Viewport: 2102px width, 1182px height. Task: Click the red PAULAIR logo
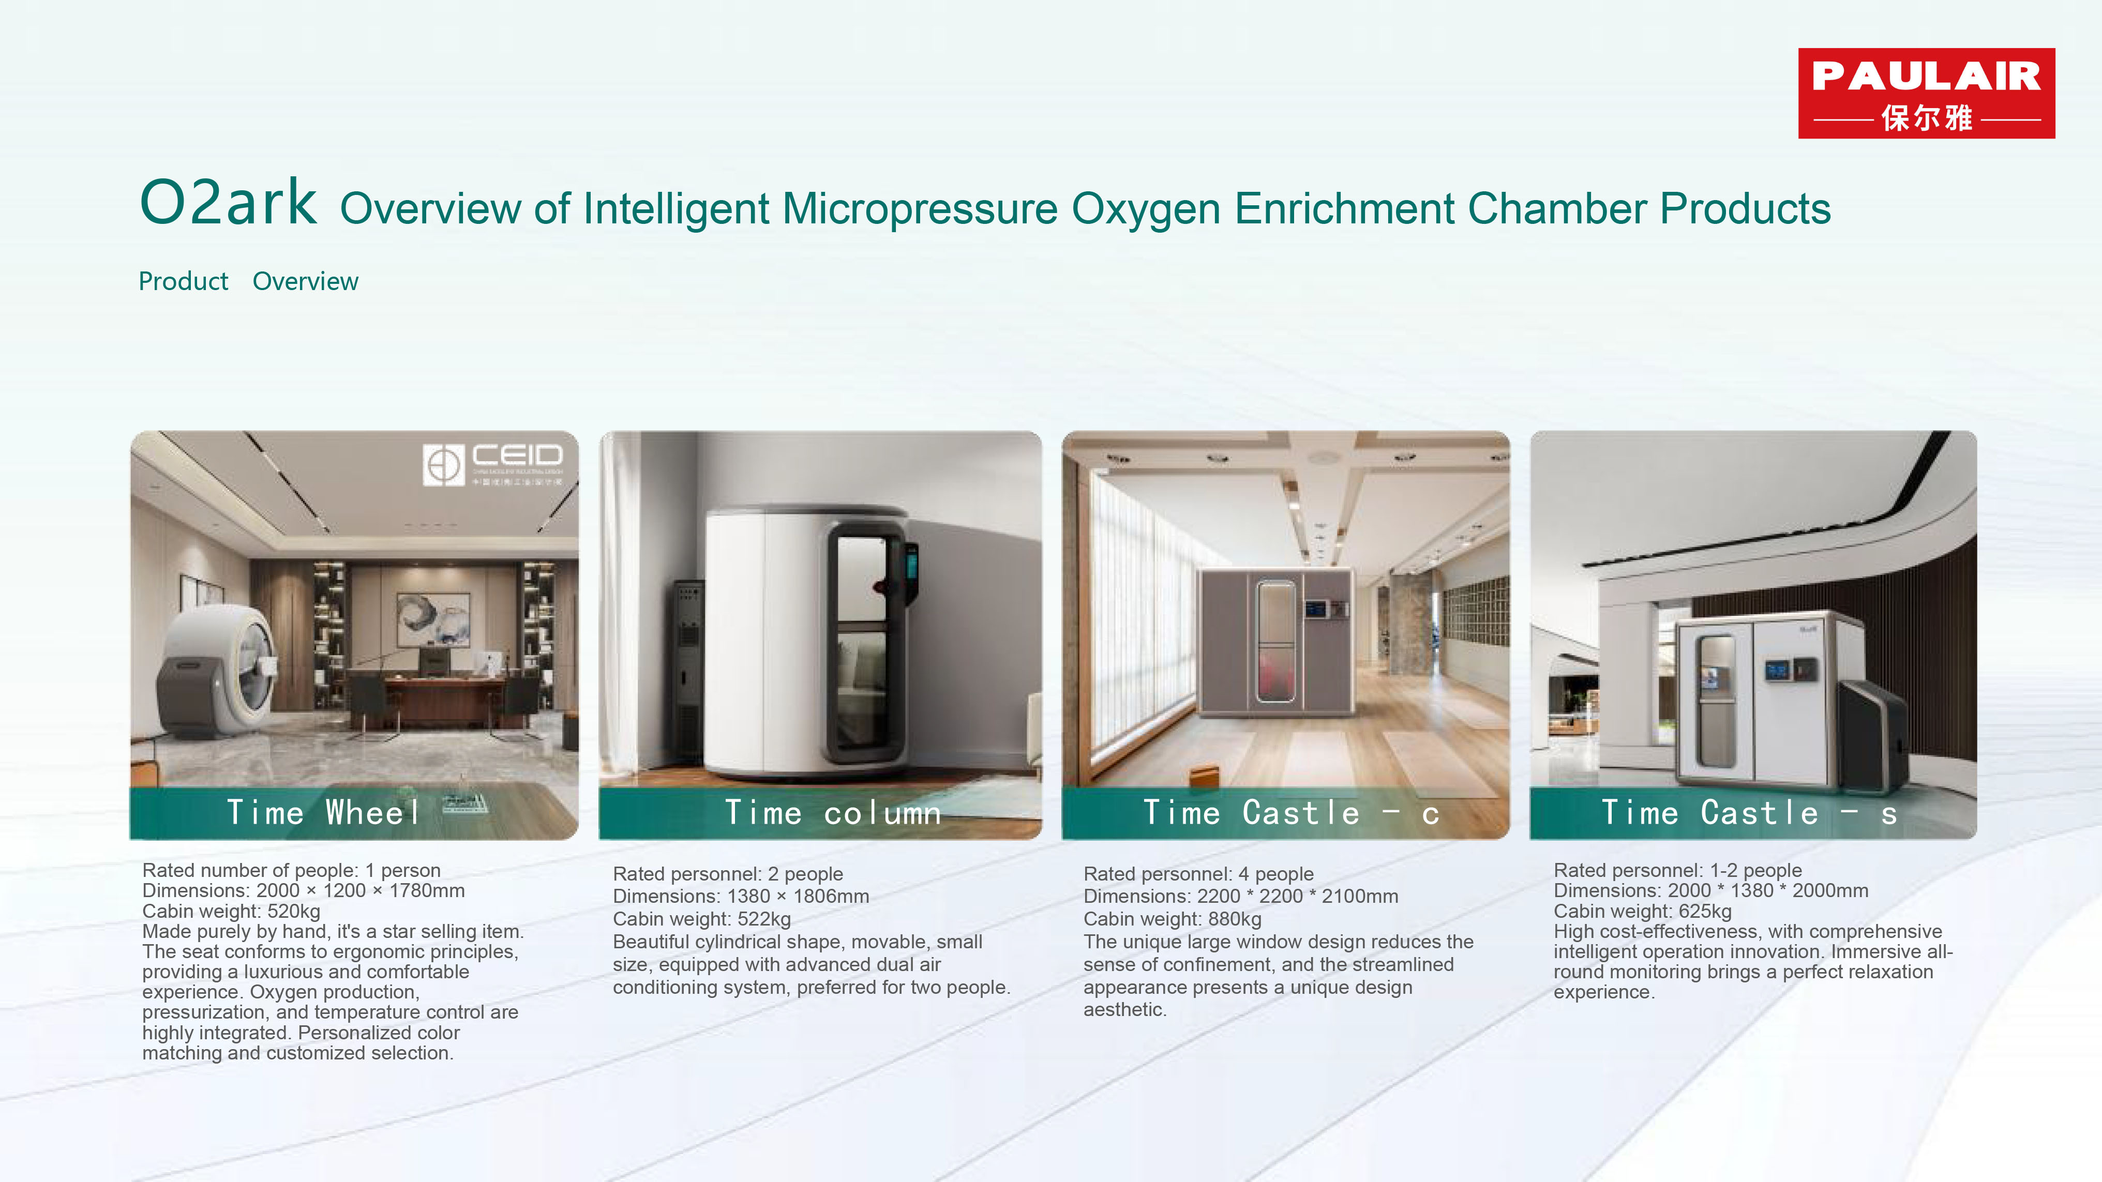pyautogui.click(x=1927, y=93)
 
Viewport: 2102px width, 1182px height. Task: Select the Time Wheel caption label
pyautogui.click(x=324, y=812)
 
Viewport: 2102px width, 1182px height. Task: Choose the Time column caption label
pyautogui.click(x=833, y=812)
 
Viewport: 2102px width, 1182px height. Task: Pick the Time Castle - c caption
pyautogui.click(x=1291, y=812)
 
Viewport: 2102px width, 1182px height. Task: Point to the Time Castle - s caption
pyautogui.click(x=1749, y=812)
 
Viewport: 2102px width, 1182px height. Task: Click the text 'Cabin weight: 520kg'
pyautogui.click(x=231, y=911)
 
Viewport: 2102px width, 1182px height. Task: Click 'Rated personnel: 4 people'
pyautogui.click(x=1199, y=874)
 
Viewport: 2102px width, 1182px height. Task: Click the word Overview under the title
pyautogui.click(x=305, y=281)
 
